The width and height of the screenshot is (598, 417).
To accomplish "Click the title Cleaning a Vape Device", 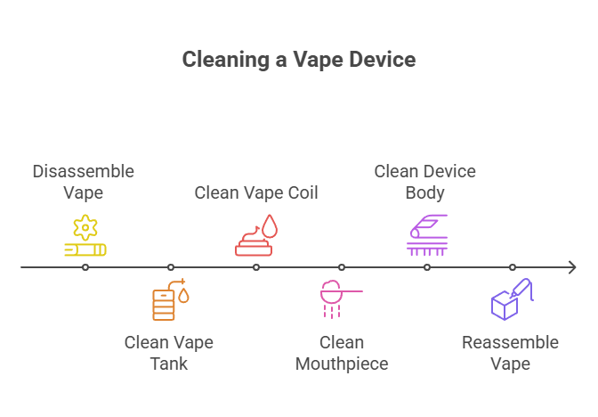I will coord(299,60).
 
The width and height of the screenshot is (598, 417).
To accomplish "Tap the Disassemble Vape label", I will coord(84,181).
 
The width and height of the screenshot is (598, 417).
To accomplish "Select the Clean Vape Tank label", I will coord(169,352).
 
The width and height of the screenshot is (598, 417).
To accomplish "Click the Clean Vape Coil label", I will coord(256,192).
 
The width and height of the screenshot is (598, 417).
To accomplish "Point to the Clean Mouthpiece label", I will coord(342,352).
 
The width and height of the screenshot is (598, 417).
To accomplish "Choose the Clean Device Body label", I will coord(425,181).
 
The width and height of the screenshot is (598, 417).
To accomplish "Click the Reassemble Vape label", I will coord(510,352).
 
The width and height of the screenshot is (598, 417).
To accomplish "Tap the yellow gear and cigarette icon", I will coord(85,235).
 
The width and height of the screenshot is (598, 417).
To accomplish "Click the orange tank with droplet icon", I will coord(169,299).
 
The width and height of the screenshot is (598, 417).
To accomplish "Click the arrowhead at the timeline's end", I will coord(573,267).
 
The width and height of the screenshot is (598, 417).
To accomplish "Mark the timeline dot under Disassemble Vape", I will coord(85,267).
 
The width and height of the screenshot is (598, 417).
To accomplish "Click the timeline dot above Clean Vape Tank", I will coord(171,267).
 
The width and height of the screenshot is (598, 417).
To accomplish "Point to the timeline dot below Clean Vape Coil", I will coord(256,267).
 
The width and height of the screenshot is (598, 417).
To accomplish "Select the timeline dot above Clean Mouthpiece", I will coord(342,267).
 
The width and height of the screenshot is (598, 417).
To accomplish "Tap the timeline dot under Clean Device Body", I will coord(427,267).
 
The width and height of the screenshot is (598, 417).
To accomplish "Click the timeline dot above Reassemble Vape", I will coord(513,267).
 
